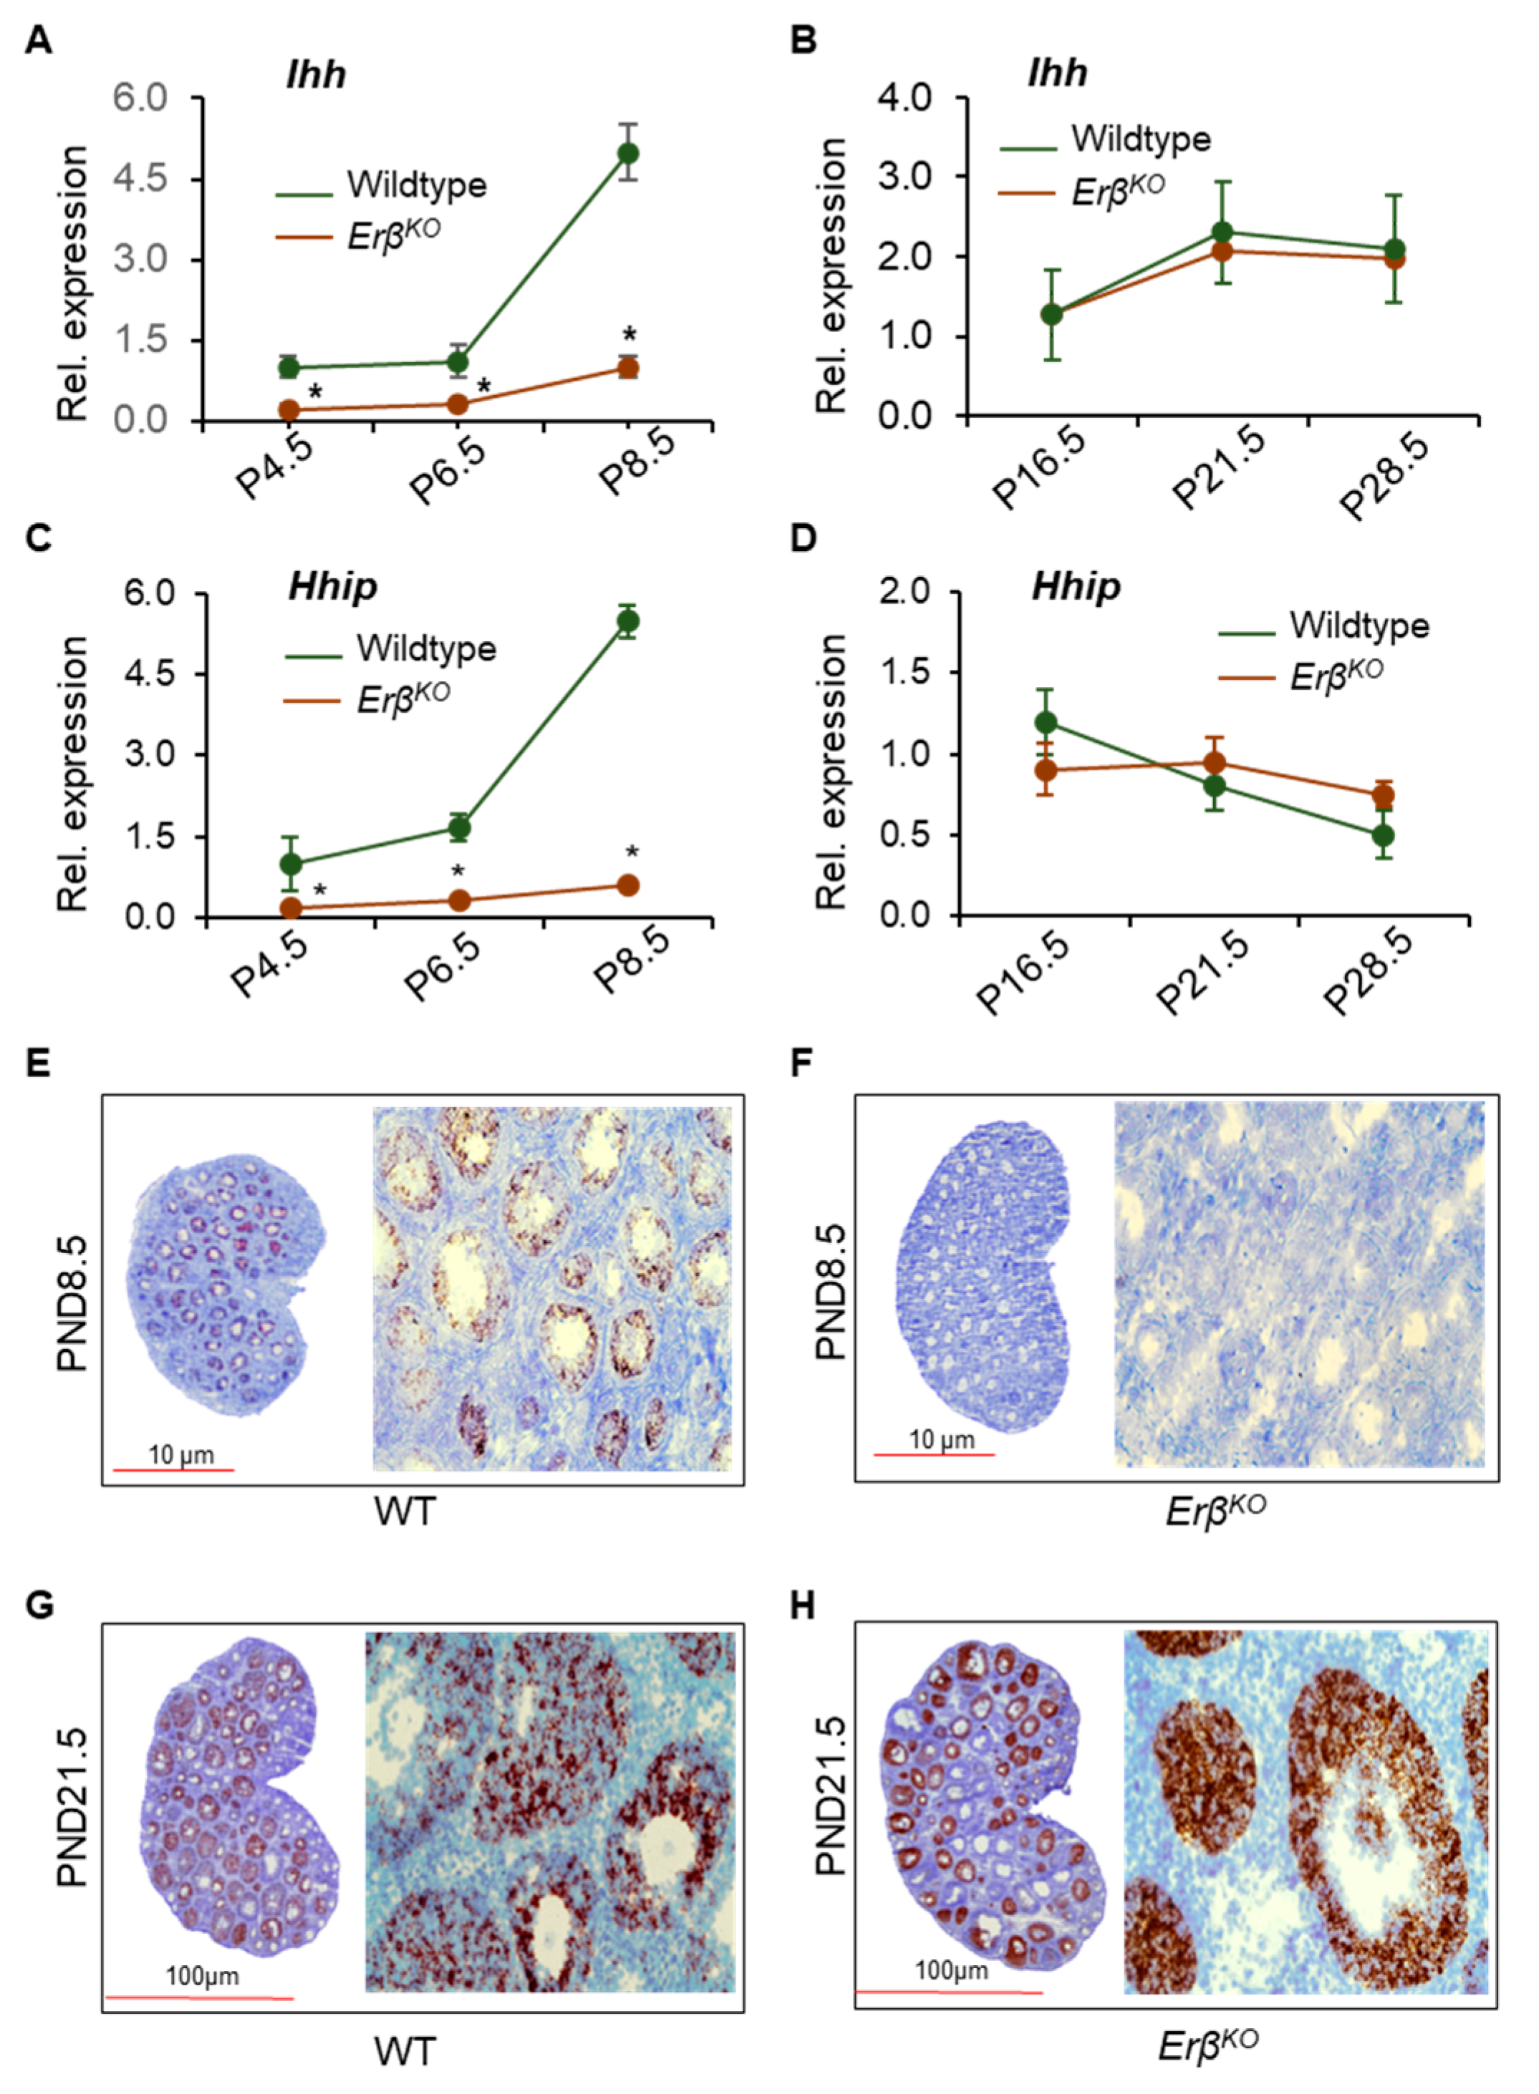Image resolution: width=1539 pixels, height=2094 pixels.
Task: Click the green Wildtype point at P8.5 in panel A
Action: (629, 152)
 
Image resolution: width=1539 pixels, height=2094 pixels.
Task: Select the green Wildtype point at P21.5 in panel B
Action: (1222, 232)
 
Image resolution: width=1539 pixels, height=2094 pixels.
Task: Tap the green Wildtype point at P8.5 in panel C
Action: (629, 621)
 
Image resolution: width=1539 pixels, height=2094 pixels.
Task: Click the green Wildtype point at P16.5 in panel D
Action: (1046, 723)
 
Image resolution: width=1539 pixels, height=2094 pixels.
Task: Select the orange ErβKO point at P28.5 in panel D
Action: (1384, 795)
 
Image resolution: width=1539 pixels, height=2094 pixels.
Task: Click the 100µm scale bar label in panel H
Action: (951, 1970)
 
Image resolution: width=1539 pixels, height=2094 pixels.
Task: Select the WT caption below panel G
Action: (405, 2052)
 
